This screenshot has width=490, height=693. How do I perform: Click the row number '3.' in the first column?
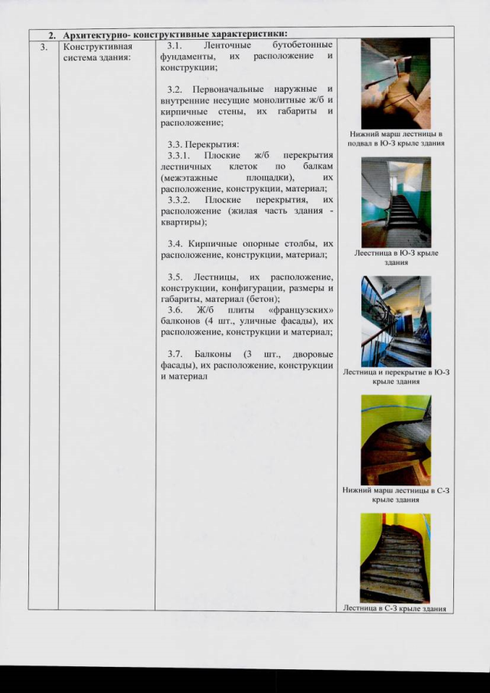pyautogui.click(x=44, y=46)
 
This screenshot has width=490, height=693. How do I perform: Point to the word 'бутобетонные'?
pyautogui.click(x=302, y=46)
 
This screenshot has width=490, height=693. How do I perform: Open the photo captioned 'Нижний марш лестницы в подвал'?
pyautogui.click(x=396, y=83)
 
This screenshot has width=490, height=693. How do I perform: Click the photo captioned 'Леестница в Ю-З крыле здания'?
pyautogui.click(x=396, y=201)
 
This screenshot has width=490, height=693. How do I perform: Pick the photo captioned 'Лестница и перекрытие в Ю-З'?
pyautogui.click(x=396, y=321)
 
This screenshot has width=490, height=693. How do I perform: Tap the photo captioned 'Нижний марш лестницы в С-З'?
pyautogui.click(x=396, y=440)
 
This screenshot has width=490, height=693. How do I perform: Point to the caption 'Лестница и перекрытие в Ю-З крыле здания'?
pyautogui.click(x=396, y=376)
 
